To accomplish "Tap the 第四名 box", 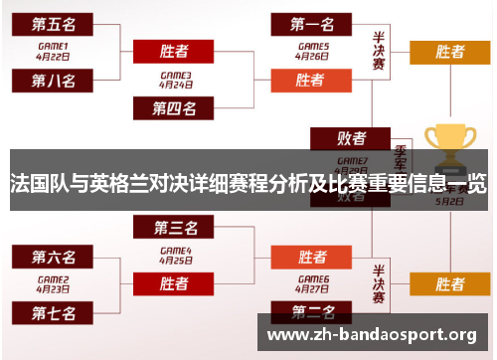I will (x=174, y=107).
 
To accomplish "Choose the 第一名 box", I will (x=310, y=22).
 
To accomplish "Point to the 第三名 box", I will (x=174, y=228).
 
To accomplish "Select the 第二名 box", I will (x=310, y=313).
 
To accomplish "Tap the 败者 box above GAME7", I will (x=351, y=138).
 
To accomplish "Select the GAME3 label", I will (x=175, y=75).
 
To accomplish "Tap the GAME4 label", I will (x=175, y=250).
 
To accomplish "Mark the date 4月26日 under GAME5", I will (x=311, y=56).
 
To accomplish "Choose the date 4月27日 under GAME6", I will (x=311, y=289).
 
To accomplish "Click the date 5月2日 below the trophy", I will (x=449, y=199).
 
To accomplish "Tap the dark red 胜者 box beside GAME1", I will (x=174, y=51).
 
